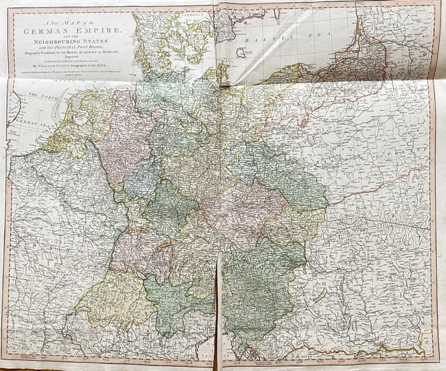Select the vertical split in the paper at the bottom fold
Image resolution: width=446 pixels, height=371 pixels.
click(x=219, y=302)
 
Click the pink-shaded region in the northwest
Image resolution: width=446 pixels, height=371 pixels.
click(x=128, y=137)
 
